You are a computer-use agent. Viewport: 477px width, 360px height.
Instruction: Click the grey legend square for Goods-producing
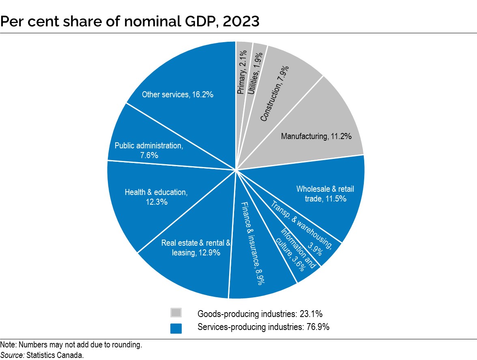(x=176, y=313)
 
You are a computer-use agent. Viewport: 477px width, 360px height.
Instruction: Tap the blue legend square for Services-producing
(x=176, y=328)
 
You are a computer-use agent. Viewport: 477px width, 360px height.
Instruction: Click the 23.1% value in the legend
(x=311, y=313)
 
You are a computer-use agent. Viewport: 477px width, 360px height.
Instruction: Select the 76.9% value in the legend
(x=316, y=327)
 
